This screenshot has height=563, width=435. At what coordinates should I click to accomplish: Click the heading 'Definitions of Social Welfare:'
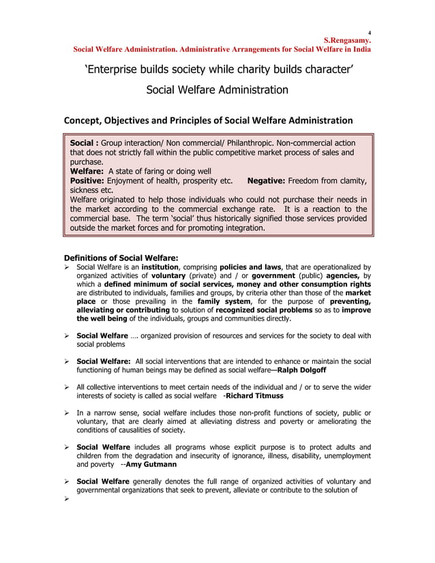[x=121, y=258]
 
